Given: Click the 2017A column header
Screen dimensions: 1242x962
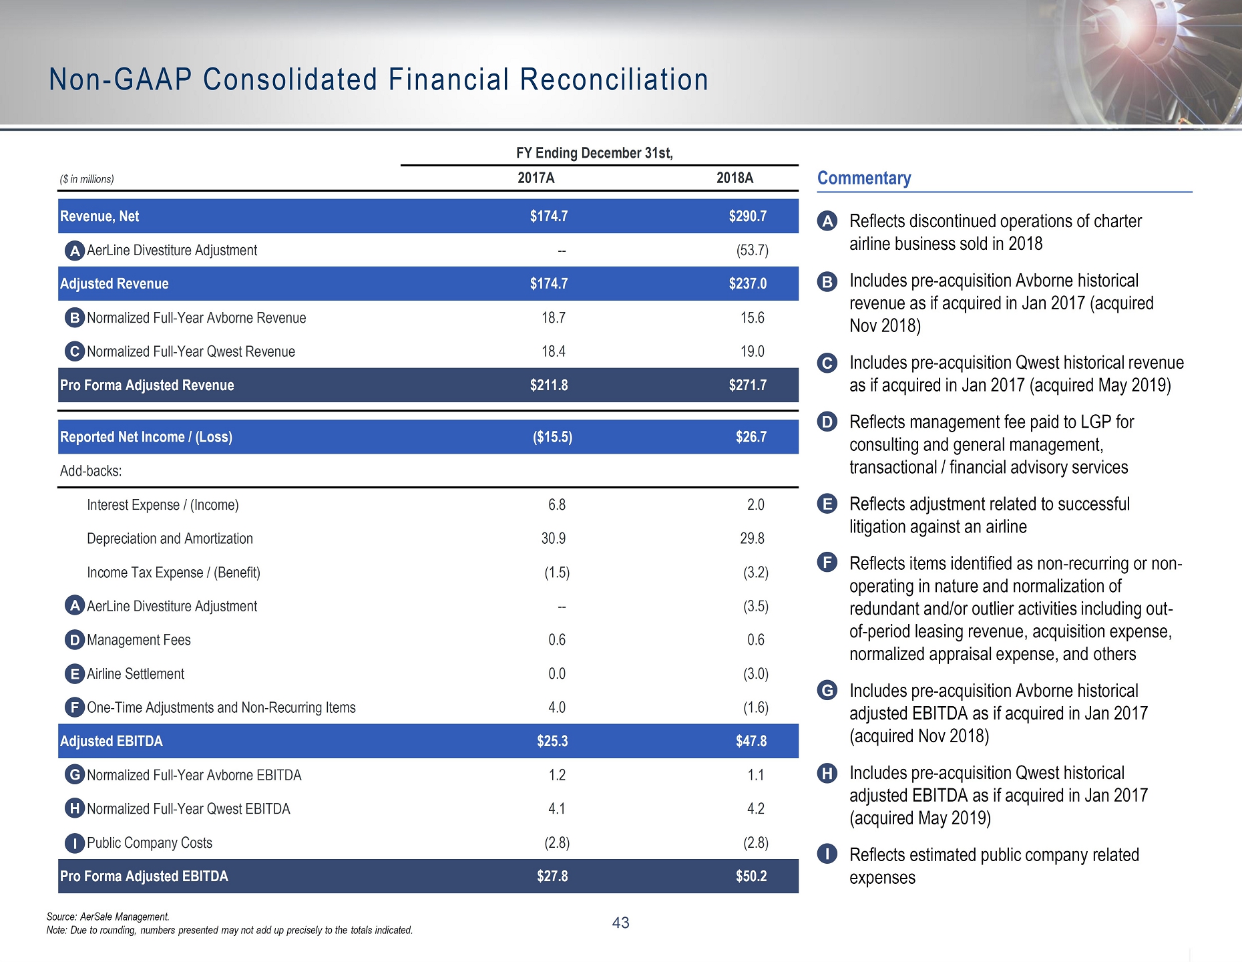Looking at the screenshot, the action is pyautogui.click(x=536, y=178).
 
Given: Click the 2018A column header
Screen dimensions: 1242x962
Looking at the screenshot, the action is pyautogui.click(x=735, y=178).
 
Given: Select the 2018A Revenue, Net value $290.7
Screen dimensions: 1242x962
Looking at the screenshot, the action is pyautogui.click(x=748, y=216).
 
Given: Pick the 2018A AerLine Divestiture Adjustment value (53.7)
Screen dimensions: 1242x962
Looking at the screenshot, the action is pyautogui.click(x=752, y=251).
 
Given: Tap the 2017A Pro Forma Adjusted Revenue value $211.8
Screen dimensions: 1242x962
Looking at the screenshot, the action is pyautogui.click(x=549, y=385).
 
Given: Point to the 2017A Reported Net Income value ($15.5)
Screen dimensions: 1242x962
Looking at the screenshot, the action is pyautogui.click(x=552, y=437).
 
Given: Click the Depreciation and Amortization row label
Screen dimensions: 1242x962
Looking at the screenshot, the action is pyautogui.click(x=170, y=538).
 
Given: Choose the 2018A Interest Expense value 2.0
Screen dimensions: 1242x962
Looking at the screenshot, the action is pyautogui.click(x=756, y=504).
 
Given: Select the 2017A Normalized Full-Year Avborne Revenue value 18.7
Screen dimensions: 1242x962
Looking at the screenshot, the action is pyautogui.click(x=554, y=317).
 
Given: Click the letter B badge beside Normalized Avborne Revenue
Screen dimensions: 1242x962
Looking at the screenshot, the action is pyautogui.click(x=75, y=318).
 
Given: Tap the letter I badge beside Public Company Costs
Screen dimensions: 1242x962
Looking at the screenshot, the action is pyautogui.click(x=75, y=843).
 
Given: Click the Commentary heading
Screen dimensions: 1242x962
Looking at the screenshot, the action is pyautogui.click(x=864, y=178).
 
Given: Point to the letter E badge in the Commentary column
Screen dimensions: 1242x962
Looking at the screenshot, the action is pyautogui.click(x=827, y=504).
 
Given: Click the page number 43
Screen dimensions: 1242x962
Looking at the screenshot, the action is pyautogui.click(x=620, y=923).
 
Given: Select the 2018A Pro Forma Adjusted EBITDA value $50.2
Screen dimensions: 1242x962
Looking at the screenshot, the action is pyautogui.click(x=751, y=876).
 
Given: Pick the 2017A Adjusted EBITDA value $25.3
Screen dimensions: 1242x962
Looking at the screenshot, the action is pyautogui.click(x=552, y=741).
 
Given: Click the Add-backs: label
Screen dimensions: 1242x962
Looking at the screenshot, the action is pyautogui.click(x=91, y=471).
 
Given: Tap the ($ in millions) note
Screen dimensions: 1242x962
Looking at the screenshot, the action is pyautogui.click(x=87, y=179).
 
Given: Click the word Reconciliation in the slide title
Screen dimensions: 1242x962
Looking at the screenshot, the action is pyautogui.click(x=614, y=79).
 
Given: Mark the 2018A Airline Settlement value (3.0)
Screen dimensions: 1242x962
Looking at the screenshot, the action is pyautogui.click(x=756, y=673).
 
